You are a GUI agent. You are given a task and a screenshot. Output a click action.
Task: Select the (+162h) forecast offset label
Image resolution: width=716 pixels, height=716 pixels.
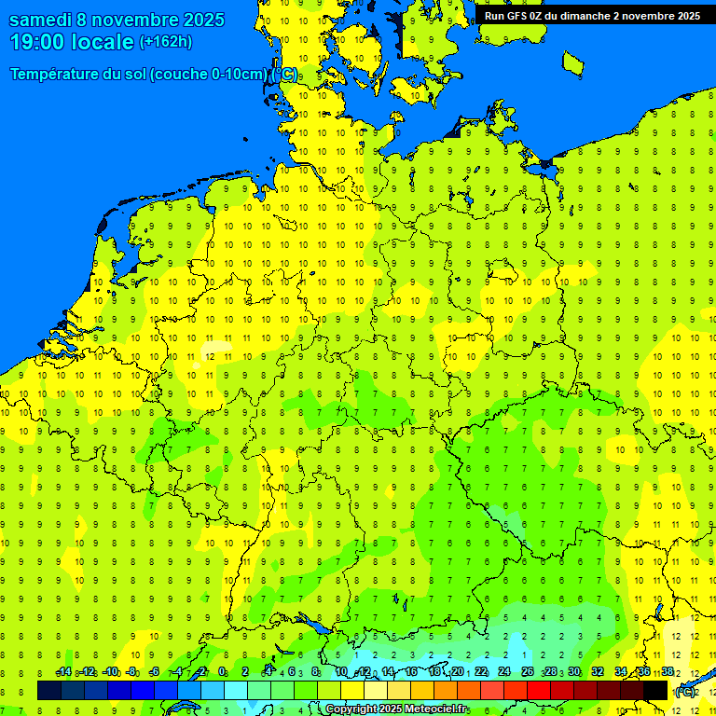166,42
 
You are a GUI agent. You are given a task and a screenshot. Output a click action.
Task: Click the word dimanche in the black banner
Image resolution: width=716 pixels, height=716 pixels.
578,16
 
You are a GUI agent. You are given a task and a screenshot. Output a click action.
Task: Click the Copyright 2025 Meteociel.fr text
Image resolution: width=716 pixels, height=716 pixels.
397,709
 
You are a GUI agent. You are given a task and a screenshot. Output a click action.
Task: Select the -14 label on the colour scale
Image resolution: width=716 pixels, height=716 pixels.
63,672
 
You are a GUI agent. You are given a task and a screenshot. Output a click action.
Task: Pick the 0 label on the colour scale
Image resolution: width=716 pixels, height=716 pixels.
222,672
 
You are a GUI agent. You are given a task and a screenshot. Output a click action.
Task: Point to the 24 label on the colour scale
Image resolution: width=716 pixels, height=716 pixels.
504,672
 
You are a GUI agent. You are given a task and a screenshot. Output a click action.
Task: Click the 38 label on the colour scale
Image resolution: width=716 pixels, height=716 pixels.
668,672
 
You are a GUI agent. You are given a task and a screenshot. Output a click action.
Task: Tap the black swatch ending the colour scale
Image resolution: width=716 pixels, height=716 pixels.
655,690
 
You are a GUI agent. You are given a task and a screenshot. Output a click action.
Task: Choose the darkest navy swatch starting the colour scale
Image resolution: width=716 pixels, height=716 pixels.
49,690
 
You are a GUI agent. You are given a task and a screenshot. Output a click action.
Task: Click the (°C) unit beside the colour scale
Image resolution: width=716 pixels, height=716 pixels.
684,691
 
